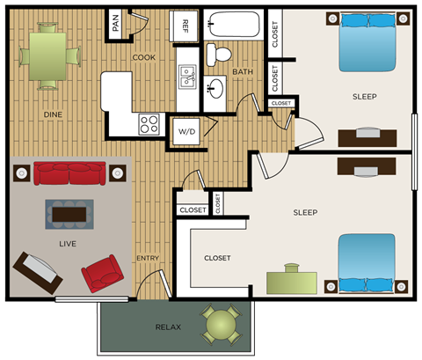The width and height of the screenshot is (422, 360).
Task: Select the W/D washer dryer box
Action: pyautogui.click(x=186, y=131)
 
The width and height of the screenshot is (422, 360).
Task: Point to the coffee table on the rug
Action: pyautogui.click(x=69, y=212)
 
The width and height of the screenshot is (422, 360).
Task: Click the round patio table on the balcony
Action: pyautogui.click(x=220, y=325)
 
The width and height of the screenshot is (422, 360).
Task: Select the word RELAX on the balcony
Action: pyautogui.click(x=168, y=327)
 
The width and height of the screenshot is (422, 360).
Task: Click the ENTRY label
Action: pyautogui.click(x=147, y=258)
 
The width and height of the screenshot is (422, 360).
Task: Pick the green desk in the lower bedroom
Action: pyautogui.click(x=294, y=281)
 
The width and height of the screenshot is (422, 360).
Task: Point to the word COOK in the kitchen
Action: pyautogui.click(x=144, y=57)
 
